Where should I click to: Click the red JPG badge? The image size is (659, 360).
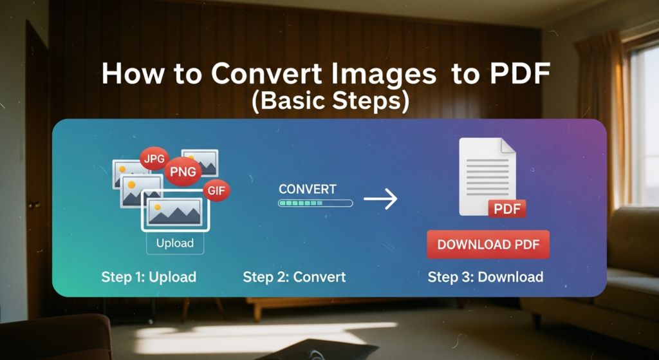click(x=154, y=158)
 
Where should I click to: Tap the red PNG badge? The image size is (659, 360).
click(x=183, y=171)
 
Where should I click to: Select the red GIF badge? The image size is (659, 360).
click(x=216, y=191)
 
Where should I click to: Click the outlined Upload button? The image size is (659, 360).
click(x=175, y=243)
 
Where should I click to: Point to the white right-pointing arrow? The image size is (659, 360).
click(x=380, y=198)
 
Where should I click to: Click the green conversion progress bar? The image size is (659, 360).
click(x=315, y=203)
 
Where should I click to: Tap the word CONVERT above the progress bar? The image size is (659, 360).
click(x=308, y=189)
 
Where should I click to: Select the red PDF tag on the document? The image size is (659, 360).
click(x=507, y=209)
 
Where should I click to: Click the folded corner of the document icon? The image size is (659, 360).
click(x=508, y=146)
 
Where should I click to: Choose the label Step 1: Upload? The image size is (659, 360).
click(x=149, y=277)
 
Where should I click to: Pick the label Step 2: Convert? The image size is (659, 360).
click(x=294, y=277)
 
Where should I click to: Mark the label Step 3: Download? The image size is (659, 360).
click(x=485, y=277)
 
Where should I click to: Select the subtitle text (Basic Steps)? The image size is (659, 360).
click(x=330, y=101)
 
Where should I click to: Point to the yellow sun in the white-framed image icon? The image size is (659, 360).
click(x=157, y=207)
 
